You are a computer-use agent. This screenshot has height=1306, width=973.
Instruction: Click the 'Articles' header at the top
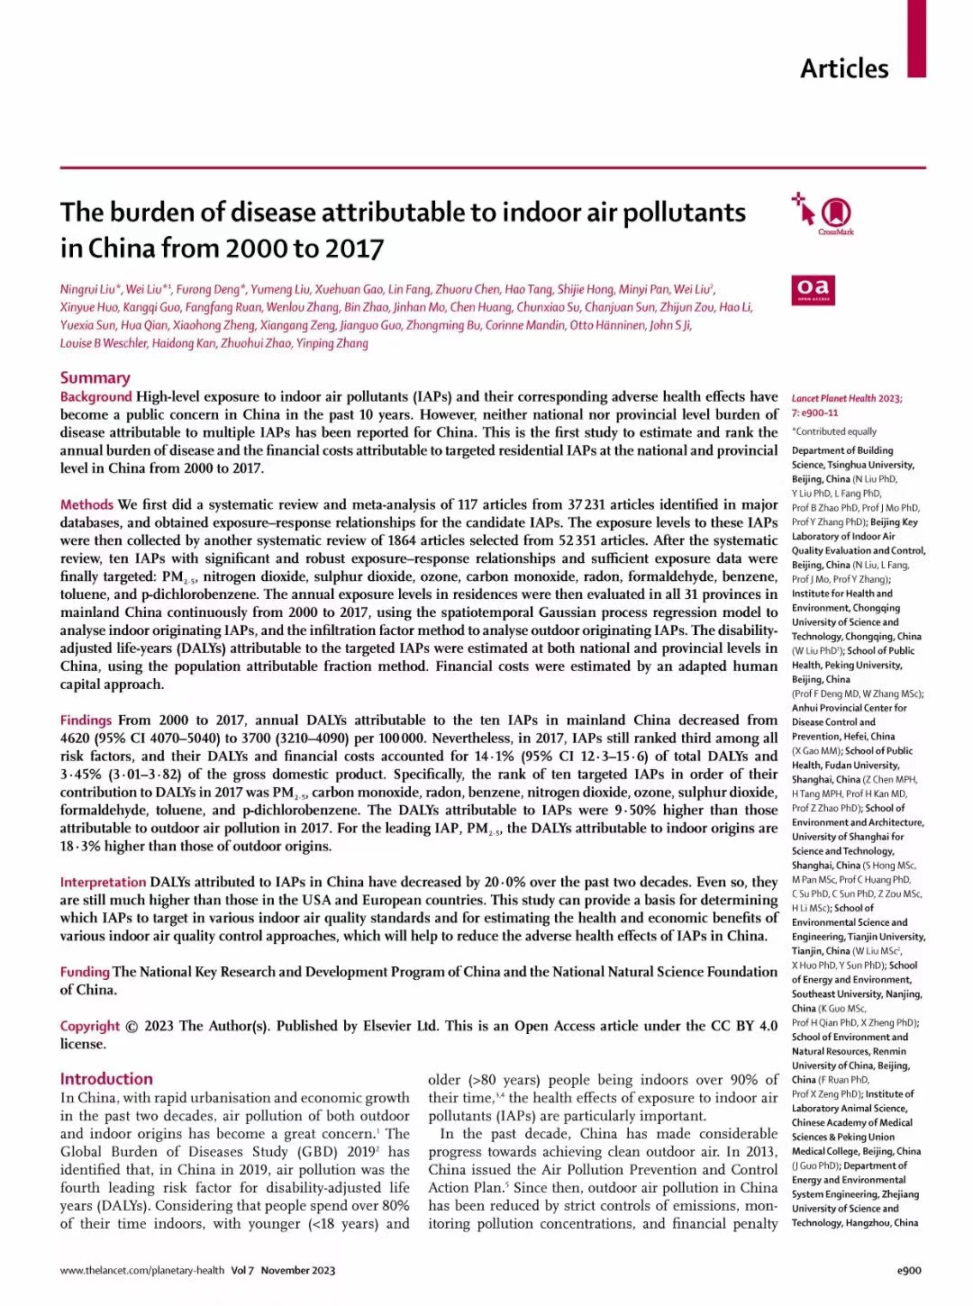click(x=844, y=68)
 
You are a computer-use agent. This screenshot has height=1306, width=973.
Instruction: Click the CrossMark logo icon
click(x=836, y=213)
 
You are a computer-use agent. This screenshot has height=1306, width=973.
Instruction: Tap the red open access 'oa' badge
click(x=813, y=289)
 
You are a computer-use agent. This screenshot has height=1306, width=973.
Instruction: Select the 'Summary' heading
click(x=95, y=377)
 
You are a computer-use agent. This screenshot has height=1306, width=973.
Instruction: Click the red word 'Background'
click(x=95, y=396)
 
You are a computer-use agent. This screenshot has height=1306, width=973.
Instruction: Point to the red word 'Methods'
click(x=86, y=504)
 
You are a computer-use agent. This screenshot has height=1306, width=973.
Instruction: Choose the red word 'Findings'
click(x=86, y=720)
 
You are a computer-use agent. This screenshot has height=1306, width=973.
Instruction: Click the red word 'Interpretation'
click(x=103, y=882)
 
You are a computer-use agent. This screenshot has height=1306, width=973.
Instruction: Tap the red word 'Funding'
click(x=85, y=972)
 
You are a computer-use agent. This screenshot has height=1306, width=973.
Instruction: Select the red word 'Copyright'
click(x=89, y=1026)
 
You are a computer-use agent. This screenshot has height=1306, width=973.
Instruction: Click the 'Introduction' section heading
click(x=106, y=1078)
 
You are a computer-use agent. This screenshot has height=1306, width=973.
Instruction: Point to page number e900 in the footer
click(x=909, y=1270)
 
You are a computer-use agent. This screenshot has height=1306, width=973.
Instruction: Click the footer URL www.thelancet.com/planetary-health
click(x=141, y=1270)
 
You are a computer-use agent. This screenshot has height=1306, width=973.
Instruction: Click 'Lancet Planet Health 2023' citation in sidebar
click(x=846, y=398)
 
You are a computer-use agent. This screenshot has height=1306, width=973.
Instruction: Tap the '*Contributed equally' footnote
click(x=833, y=431)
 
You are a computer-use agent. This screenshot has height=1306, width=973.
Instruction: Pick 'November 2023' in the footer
click(x=297, y=1270)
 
